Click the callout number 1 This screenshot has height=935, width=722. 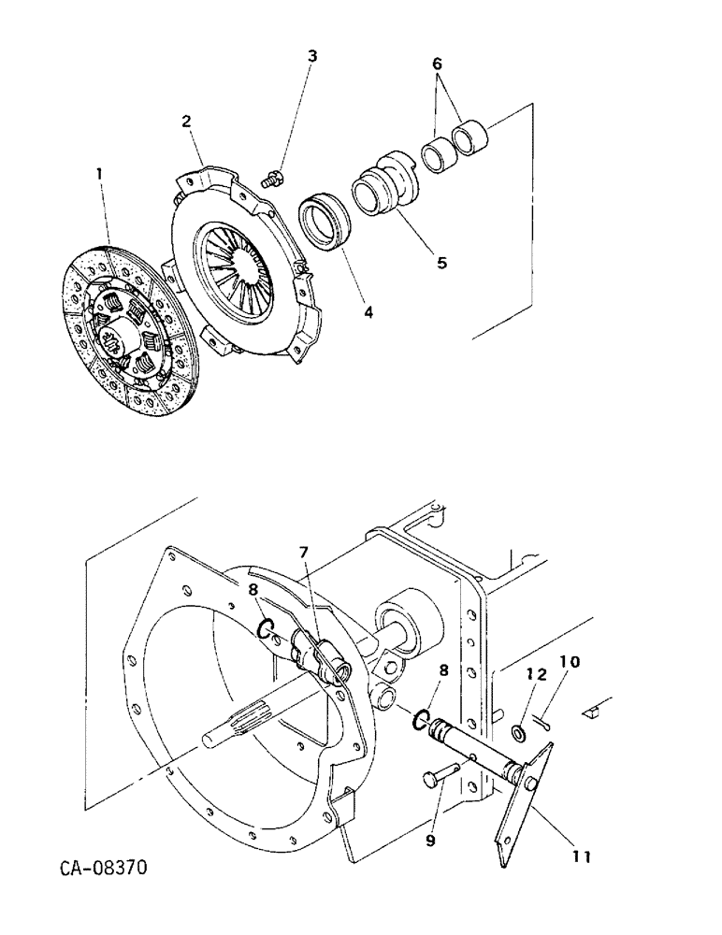100,173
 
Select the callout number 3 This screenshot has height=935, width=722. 312,56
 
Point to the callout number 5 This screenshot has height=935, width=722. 440,263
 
